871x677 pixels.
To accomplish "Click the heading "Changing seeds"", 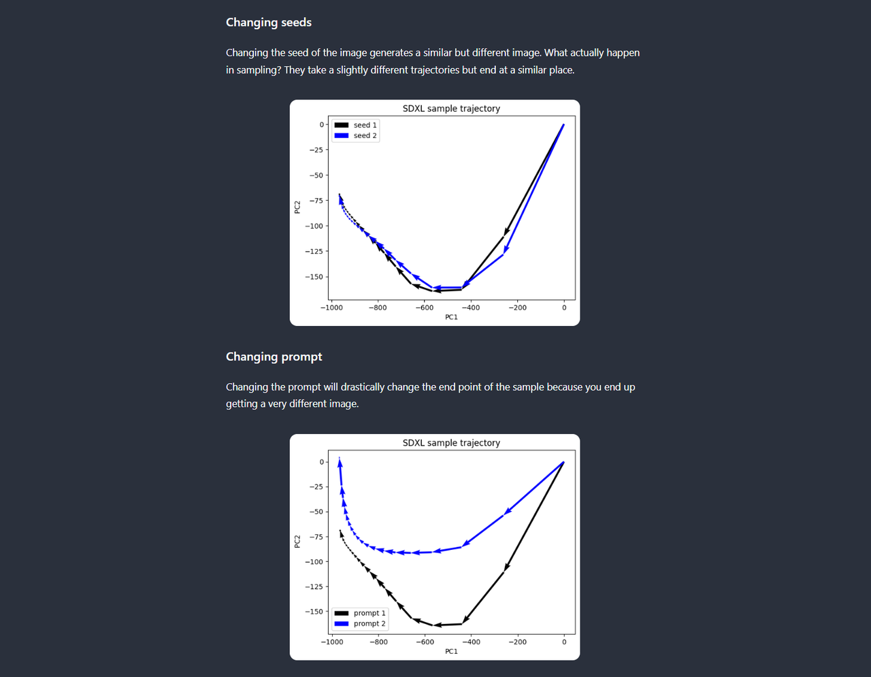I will [x=269, y=22].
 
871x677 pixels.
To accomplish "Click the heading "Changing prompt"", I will [x=274, y=357].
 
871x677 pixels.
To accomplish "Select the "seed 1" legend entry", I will [x=365, y=125].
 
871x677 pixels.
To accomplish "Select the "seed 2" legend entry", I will [x=365, y=135].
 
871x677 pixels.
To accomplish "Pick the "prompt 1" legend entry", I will [x=369, y=613].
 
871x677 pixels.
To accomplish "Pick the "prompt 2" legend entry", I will [x=369, y=623].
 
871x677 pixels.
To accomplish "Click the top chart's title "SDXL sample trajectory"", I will [x=451, y=109].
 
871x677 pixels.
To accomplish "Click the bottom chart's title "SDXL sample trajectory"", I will [x=451, y=443].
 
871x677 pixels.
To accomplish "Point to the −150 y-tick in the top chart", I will [x=314, y=277].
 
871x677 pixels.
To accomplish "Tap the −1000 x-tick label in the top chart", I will [x=331, y=308].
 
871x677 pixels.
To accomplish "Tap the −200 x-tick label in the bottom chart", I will [x=517, y=642].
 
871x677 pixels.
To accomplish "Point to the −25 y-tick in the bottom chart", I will [x=316, y=487].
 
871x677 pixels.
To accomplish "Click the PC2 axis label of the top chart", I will [x=297, y=207].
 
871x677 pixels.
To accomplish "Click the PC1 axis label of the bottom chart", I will [x=451, y=652].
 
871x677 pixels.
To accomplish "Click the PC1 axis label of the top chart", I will [x=451, y=317].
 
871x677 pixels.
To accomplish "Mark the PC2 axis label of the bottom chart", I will [x=297, y=541].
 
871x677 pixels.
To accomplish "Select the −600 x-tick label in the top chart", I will [x=424, y=308].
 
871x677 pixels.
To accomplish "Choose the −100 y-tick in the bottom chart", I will [x=314, y=562].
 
